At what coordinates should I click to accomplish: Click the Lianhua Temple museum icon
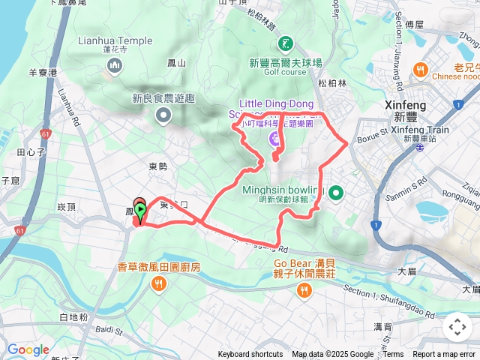(x=115, y=67)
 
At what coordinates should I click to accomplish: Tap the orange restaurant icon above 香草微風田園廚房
(x=159, y=283)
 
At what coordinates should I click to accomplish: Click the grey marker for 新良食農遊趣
(x=163, y=115)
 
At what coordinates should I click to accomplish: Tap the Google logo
(x=28, y=349)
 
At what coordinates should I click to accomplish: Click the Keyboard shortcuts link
(x=250, y=355)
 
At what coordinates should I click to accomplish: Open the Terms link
(x=393, y=355)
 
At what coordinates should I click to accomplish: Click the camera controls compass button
(x=457, y=327)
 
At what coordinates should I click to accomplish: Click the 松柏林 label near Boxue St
(x=332, y=83)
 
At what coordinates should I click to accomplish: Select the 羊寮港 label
(x=43, y=73)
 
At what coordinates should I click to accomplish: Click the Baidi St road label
(x=108, y=329)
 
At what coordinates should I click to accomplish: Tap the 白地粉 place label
(x=73, y=318)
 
